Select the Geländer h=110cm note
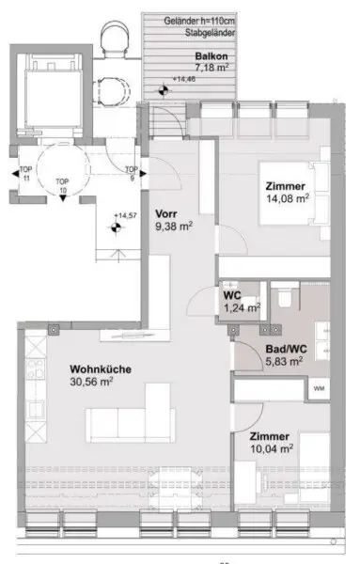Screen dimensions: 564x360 [x=198, y=22]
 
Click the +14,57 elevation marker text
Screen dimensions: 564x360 [x=125, y=217]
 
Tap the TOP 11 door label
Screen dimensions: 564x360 [x=24, y=175]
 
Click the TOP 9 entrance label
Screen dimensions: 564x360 [x=131, y=175]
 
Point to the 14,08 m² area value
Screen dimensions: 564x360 [x=286, y=197]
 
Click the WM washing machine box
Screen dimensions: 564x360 [x=319, y=387]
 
